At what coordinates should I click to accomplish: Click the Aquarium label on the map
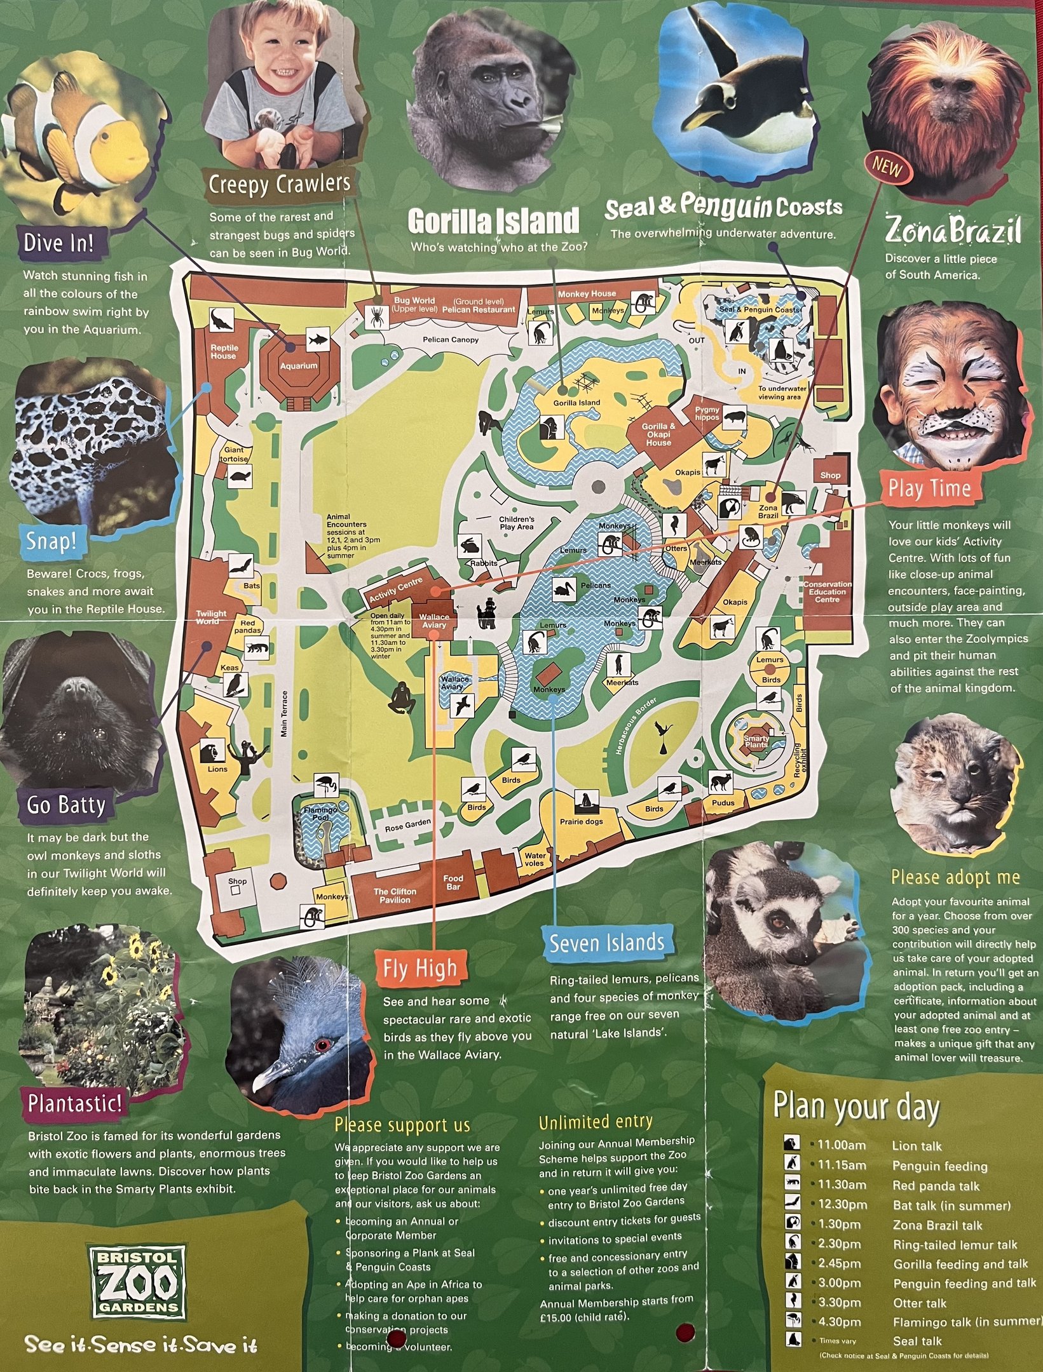click(298, 366)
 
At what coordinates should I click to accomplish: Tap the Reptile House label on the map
click(224, 352)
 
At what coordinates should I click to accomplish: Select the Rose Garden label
click(407, 825)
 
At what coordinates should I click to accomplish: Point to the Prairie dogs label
click(581, 821)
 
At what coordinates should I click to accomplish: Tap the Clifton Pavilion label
click(395, 895)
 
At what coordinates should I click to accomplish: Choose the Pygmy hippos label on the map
click(707, 414)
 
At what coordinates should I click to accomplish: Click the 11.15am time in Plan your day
click(842, 1166)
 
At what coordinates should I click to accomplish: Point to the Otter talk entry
click(919, 1303)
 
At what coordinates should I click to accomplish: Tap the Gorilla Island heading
click(493, 222)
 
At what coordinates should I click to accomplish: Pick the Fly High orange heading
click(419, 969)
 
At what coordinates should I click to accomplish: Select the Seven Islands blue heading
click(607, 943)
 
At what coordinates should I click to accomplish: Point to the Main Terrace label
click(284, 714)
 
